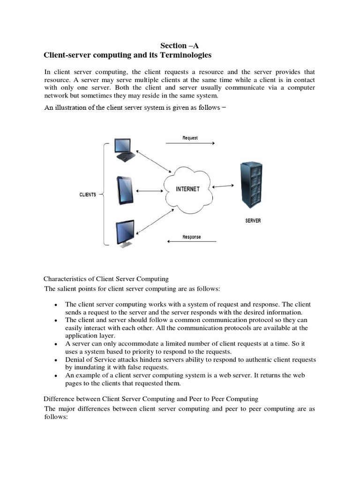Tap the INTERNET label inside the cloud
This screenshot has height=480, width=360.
click(x=187, y=189)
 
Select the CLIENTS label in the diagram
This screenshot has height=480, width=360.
click(x=88, y=195)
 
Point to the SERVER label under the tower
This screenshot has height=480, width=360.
click(x=253, y=220)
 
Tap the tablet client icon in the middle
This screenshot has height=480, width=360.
click(x=125, y=190)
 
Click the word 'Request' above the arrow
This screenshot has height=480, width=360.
click(x=190, y=138)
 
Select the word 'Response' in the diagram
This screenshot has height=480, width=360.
click(x=191, y=237)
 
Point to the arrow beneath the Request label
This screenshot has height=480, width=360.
click(x=190, y=144)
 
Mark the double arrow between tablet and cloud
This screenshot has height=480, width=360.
click(x=149, y=190)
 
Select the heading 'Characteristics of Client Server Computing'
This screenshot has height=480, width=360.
click(x=106, y=279)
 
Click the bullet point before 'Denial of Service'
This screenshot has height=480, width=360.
click(x=56, y=360)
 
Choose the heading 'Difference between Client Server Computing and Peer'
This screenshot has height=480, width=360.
click(x=150, y=399)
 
